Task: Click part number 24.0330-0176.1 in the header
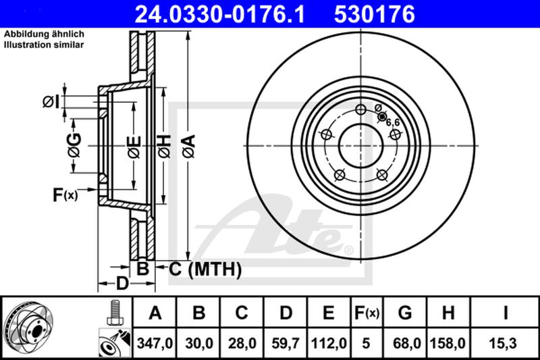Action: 220,14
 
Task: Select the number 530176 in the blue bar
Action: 375,14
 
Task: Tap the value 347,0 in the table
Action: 155,343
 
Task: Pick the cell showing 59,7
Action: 285,343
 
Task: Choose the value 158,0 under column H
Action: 448,343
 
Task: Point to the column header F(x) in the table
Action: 367,313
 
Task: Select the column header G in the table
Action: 404,313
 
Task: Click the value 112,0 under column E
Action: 329,343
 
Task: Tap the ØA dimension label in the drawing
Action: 189,147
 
